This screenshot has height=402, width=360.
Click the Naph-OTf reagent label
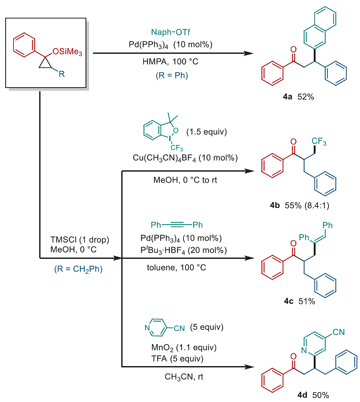(x=170, y=32)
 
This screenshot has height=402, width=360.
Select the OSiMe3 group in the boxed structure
(x=67, y=52)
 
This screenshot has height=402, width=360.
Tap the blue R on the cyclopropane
(x=62, y=74)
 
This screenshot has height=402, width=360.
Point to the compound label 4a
(x=287, y=96)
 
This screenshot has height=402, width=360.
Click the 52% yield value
(x=306, y=96)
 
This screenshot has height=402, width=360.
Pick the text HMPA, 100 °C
(x=170, y=62)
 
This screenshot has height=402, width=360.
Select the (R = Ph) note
(x=172, y=75)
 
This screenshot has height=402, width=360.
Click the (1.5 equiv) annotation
(x=206, y=132)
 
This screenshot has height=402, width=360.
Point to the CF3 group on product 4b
(x=319, y=141)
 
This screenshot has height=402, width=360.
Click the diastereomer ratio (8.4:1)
(x=317, y=206)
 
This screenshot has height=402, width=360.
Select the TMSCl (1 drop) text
(x=80, y=240)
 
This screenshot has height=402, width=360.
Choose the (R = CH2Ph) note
(x=78, y=269)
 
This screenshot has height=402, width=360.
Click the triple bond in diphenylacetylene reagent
(x=177, y=225)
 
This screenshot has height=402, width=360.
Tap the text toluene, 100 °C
(x=176, y=267)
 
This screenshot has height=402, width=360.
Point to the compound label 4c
(x=288, y=301)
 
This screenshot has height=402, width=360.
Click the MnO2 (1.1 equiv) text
(x=184, y=348)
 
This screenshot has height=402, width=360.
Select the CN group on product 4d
(x=339, y=332)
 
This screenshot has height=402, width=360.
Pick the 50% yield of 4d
(x=321, y=395)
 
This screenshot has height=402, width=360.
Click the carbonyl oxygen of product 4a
(x=294, y=50)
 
